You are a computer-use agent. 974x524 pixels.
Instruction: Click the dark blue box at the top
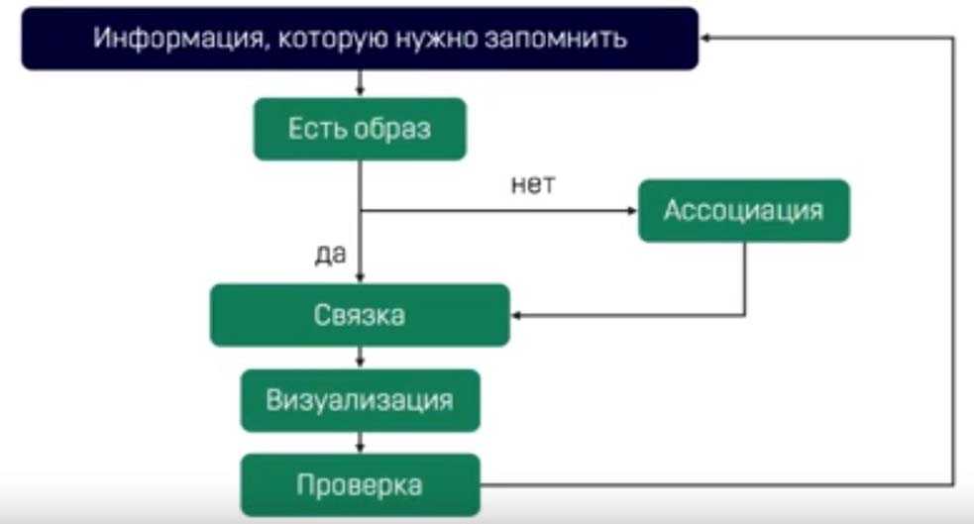coord(360,40)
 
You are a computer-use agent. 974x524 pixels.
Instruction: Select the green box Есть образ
coord(360,129)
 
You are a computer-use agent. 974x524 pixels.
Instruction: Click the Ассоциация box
coord(743,210)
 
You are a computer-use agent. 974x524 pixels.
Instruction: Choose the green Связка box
coord(360,315)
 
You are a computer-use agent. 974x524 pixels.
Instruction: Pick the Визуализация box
coord(360,400)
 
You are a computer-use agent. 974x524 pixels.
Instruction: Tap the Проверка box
coord(360,485)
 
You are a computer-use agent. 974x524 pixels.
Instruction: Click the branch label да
coord(330,255)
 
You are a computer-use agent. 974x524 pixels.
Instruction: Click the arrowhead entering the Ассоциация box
coord(631,210)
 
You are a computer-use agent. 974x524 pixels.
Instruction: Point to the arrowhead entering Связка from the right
coord(517,315)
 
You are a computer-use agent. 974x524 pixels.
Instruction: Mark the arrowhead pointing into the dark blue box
coord(706,37)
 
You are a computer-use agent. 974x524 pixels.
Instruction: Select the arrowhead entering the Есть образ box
coord(360,92)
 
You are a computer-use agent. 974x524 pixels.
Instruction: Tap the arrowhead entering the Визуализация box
coord(360,365)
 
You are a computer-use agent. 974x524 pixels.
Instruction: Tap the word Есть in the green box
coord(313,129)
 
